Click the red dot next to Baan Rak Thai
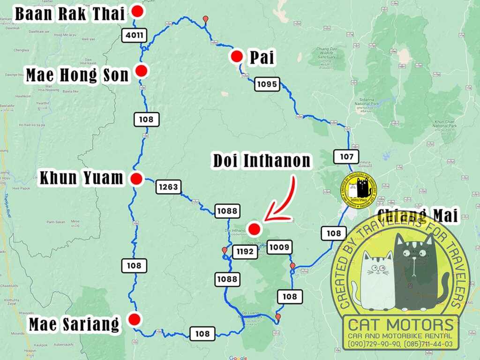tap(137, 12)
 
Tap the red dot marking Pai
tap(237, 57)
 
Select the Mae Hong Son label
tap(77, 75)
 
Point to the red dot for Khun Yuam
tap(137, 179)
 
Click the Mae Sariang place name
tap(74, 324)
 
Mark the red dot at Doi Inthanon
tap(254, 229)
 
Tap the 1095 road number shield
tap(267, 84)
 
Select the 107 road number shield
tap(346, 157)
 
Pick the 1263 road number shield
tap(168, 187)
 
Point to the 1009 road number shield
tap(280, 247)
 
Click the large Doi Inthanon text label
tap(262, 161)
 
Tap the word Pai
tap(262, 58)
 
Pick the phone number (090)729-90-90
tap(373, 345)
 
